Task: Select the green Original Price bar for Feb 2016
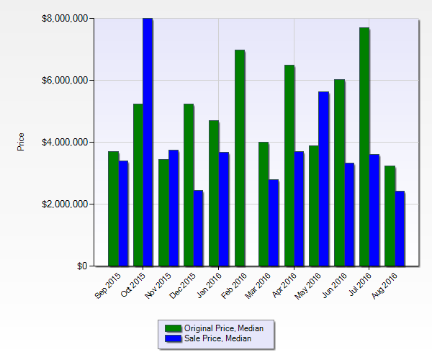tap(240, 158)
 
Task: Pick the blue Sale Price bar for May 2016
tap(324, 179)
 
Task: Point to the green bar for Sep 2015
tap(113, 209)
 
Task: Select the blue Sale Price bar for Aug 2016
tap(400, 229)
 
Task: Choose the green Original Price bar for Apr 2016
tap(289, 166)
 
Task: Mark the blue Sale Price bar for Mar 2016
tap(274, 223)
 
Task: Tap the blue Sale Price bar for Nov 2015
tap(173, 208)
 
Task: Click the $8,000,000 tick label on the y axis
tap(66, 18)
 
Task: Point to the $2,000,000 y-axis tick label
tap(66, 204)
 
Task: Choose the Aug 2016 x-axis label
tap(387, 284)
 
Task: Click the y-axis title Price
tap(21, 142)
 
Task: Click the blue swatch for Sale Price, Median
tap(174, 338)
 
